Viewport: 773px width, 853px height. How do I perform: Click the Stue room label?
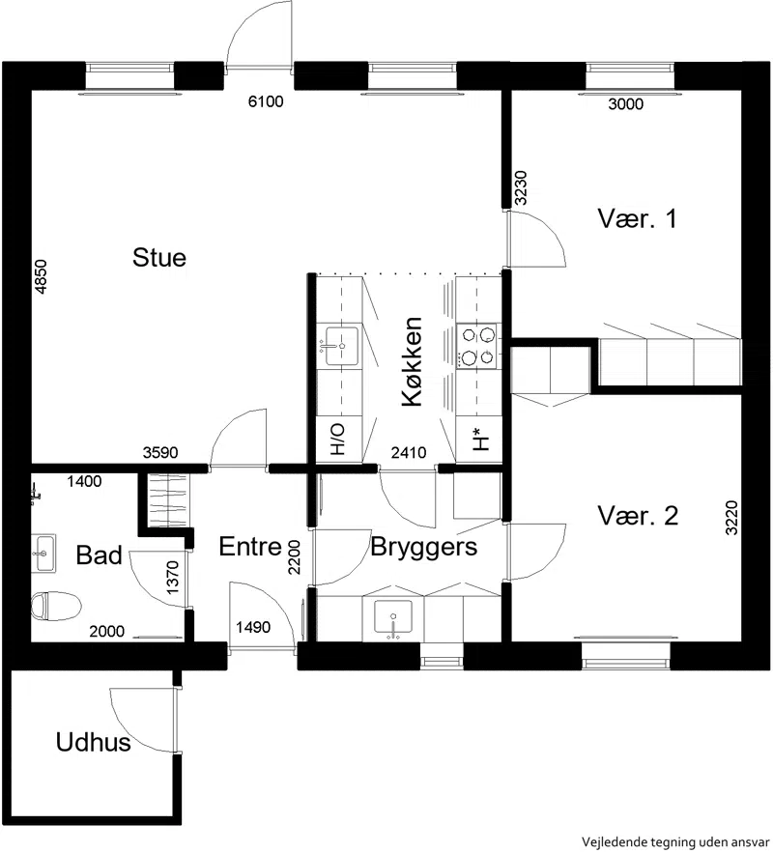158,257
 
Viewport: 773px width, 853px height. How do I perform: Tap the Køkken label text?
413,361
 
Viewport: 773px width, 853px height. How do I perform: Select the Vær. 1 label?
637,218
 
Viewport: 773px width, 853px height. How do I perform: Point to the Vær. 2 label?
638,515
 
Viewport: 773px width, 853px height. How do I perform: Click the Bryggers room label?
424,548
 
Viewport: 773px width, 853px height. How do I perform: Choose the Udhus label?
93,742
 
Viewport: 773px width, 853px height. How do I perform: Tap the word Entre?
250,547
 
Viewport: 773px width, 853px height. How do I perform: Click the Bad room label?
99,554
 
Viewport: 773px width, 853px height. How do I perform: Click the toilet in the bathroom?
55,606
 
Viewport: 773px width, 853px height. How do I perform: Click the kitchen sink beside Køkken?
342,346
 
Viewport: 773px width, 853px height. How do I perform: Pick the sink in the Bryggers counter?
392,616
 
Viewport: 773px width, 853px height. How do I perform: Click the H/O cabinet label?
338,440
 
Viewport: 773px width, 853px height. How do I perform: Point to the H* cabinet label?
480,439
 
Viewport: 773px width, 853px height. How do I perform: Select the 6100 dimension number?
266,101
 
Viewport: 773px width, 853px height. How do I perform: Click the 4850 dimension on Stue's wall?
41,277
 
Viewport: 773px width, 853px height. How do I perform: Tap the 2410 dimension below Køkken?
409,452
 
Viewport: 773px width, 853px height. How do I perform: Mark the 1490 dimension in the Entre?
253,627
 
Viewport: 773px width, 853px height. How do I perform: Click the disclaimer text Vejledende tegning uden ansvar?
676,842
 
